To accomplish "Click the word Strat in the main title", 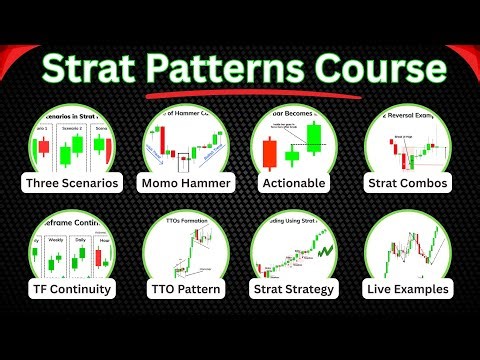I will click(x=91, y=70).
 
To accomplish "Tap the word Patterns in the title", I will click(x=229, y=70).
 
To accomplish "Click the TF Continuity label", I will click(x=73, y=290).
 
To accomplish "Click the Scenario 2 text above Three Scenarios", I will click(x=69, y=129).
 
